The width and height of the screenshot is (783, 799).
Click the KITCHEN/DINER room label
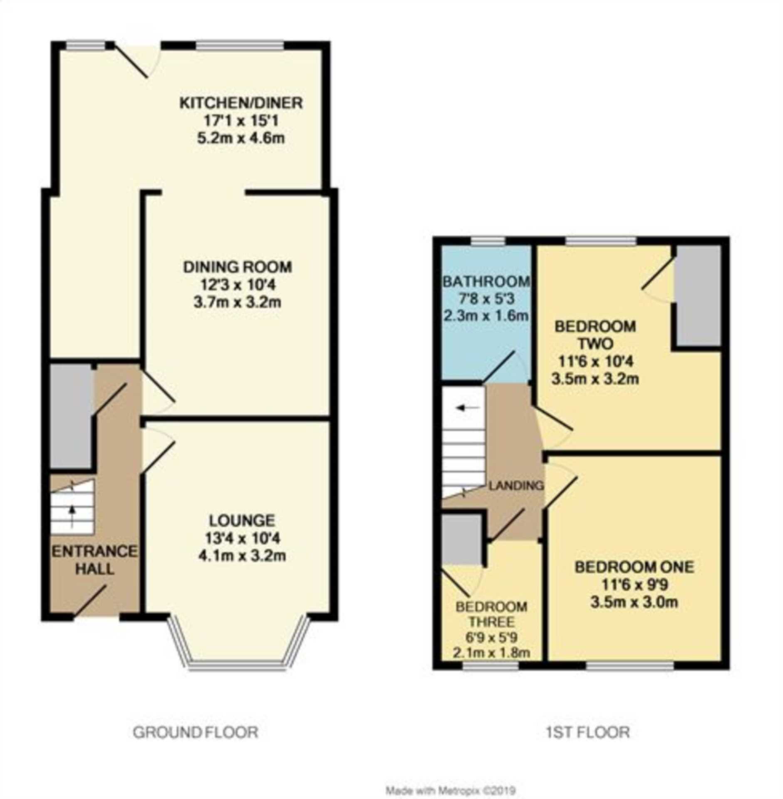coord(240,103)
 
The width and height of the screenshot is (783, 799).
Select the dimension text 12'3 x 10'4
coord(238,285)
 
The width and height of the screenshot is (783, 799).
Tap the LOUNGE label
coord(242,520)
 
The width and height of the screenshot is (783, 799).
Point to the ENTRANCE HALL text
coord(94,560)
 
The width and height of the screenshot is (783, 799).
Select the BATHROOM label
coord(486,282)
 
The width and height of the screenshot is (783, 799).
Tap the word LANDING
coord(516,485)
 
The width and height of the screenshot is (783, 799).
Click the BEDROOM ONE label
coord(634,567)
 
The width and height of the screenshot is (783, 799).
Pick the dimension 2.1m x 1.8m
coord(491,653)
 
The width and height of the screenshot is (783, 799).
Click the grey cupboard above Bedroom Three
coord(461,540)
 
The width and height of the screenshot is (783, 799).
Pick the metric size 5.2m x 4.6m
coord(240,138)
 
